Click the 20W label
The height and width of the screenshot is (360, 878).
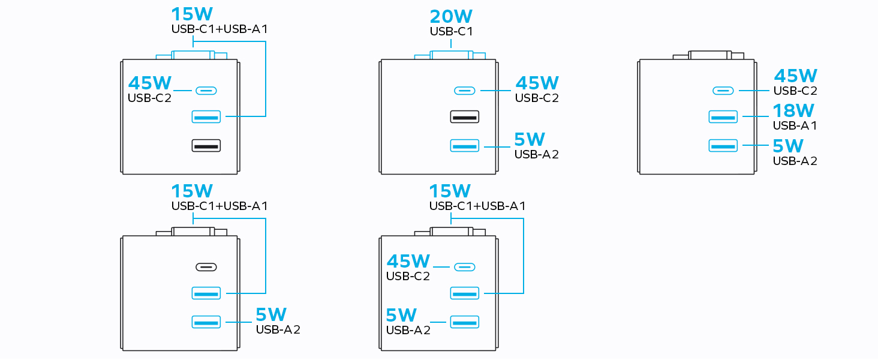(x=451, y=17)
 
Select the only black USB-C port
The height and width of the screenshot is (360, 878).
(x=206, y=267)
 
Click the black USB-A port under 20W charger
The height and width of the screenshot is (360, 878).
(x=464, y=117)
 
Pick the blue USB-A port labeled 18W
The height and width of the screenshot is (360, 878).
(x=723, y=116)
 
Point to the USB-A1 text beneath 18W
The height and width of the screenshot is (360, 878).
(x=795, y=126)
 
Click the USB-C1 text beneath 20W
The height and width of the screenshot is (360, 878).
(x=451, y=31)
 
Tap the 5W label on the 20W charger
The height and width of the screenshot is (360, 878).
(x=530, y=140)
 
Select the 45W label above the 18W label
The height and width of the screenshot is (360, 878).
(x=796, y=76)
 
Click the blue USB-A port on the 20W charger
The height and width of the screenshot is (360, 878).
(x=464, y=145)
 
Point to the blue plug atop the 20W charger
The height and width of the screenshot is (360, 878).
(x=450, y=55)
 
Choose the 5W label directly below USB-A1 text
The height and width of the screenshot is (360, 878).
(x=787, y=146)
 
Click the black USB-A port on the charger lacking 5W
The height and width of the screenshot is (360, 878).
(x=206, y=145)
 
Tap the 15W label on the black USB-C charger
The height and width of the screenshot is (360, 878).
(x=192, y=191)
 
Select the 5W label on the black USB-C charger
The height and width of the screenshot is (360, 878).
(x=271, y=314)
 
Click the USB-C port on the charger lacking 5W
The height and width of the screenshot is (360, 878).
(x=206, y=91)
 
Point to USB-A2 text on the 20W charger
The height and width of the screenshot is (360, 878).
(x=537, y=154)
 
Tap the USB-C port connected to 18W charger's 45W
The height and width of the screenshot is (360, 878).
(x=723, y=91)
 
